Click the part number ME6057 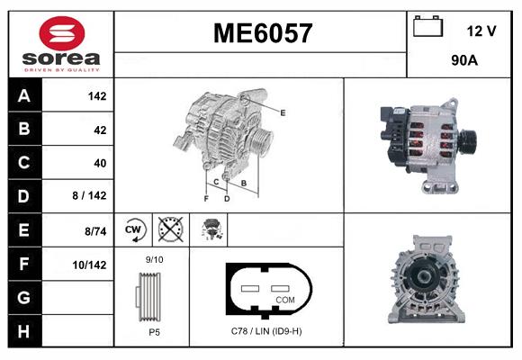click(262, 33)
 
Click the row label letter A click(23, 95)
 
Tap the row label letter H click(23, 331)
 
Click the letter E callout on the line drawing click(283, 112)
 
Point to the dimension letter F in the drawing click(206, 198)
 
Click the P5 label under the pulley click(154, 331)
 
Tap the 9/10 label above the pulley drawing click(154, 259)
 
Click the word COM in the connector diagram click(284, 298)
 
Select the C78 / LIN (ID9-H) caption click(266, 331)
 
